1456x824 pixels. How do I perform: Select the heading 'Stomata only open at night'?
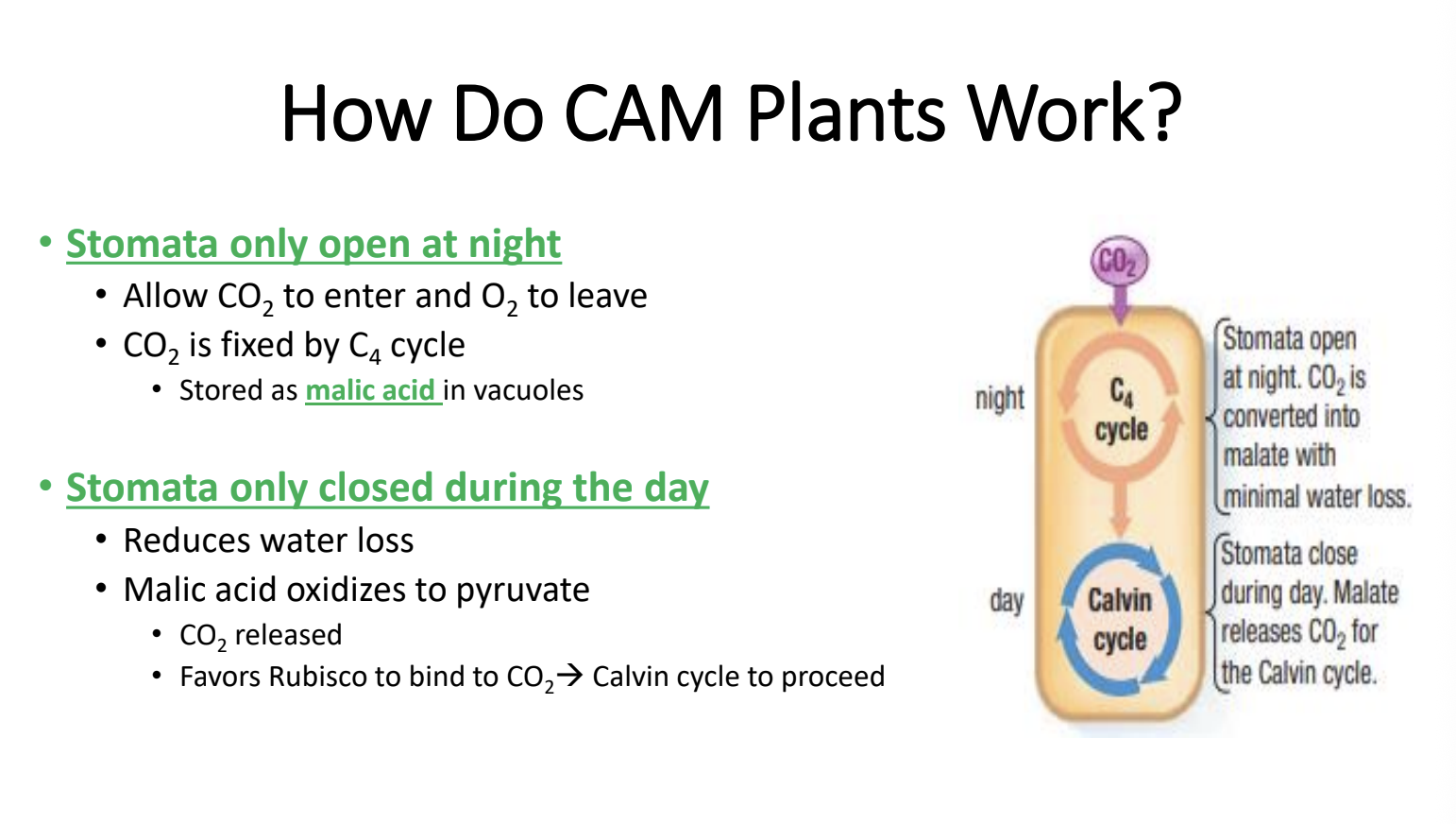[313, 244]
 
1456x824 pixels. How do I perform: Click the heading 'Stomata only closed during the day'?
[387, 488]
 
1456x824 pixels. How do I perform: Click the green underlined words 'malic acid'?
[370, 390]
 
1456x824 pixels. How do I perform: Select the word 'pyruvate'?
[522, 591]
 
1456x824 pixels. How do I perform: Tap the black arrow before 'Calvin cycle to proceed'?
[569, 676]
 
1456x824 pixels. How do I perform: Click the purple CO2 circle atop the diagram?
[1119, 261]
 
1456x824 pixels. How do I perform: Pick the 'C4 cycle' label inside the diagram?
[1121, 410]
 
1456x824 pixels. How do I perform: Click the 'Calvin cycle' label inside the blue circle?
[1120, 619]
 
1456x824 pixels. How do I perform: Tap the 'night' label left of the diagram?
[999, 398]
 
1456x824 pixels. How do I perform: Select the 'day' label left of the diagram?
[1007, 601]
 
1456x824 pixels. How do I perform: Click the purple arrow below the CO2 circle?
[1120, 302]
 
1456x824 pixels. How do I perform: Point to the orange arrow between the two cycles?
[1121, 509]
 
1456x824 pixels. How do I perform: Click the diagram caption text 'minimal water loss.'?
[1316, 496]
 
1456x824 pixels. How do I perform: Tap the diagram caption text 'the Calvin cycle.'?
[1298, 673]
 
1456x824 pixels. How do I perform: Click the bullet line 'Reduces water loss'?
[268, 541]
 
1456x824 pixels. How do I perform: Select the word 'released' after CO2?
[288, 635]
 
